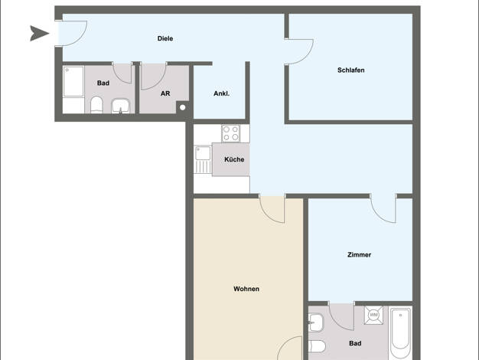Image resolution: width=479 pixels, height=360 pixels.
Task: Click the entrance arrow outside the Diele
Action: [x=39, y=34]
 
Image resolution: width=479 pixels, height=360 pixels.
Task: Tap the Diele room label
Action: [x=165, y=38]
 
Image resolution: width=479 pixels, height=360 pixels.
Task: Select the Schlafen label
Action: [x=351, y=70]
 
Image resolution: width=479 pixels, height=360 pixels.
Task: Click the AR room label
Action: [x=165, y=93]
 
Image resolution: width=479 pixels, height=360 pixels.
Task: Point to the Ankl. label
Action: [x=221, y=93]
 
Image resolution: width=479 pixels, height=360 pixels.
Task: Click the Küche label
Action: [x=234, y=159]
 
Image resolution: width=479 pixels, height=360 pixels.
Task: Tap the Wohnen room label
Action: [x=246, y=289]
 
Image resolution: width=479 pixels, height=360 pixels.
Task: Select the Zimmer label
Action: [x=360, y=254]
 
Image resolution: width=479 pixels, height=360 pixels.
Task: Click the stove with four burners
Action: [x=230, y=133]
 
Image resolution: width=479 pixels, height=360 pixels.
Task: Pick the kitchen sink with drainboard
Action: [x=203, y=159]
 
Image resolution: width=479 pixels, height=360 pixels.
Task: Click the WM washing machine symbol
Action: [x=373, y=315]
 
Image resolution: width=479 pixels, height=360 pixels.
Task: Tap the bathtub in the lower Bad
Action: [x=400, y=333]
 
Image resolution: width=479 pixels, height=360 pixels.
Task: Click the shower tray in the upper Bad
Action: [x=73, y=81]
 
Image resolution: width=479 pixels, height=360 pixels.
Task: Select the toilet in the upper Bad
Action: [x=96, y=105]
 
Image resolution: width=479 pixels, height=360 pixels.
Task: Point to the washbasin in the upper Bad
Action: [x=121, y=106]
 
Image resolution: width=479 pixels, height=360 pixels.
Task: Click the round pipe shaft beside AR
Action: [x=182, y=107]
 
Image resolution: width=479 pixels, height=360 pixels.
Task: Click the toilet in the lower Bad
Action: [x=317, y=346]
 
